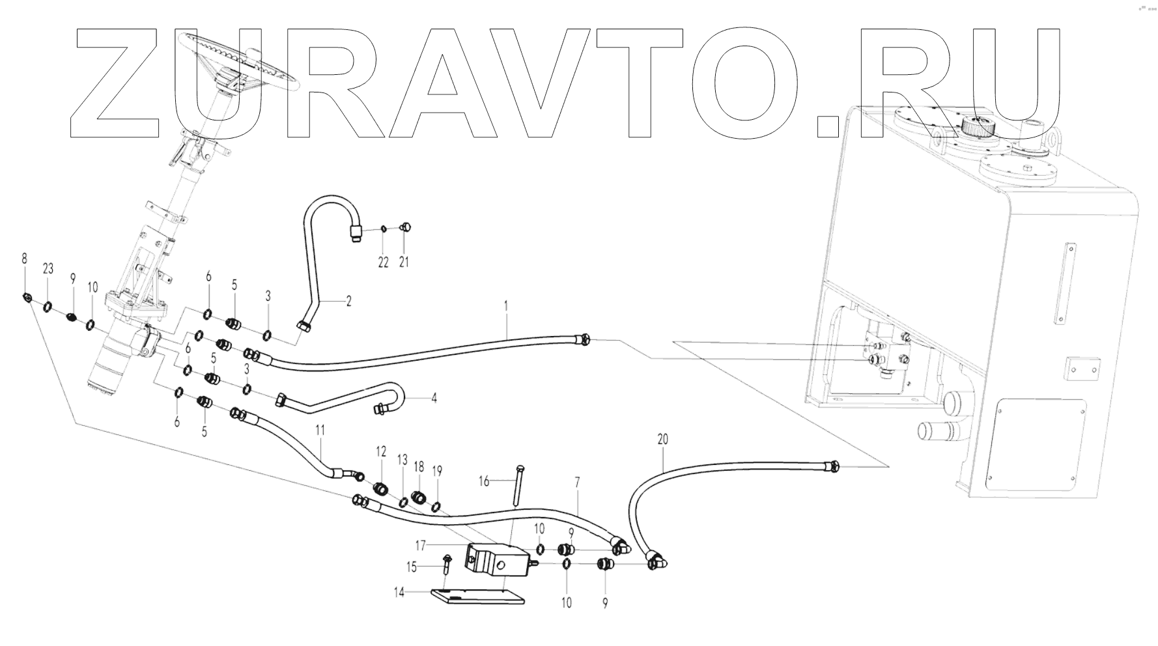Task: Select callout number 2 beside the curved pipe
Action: click(348, 302)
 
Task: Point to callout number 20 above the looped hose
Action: click(662, 440)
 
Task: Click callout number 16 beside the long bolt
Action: click(484, 481)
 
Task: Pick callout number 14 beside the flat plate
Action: click(399, 592)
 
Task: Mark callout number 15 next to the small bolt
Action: click(412, 567)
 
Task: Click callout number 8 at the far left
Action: click(25, 259)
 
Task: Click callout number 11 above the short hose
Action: click(320, 430)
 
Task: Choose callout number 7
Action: click(577, 483)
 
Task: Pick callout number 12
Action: click(381, 451)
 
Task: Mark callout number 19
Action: click(437, 470)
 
